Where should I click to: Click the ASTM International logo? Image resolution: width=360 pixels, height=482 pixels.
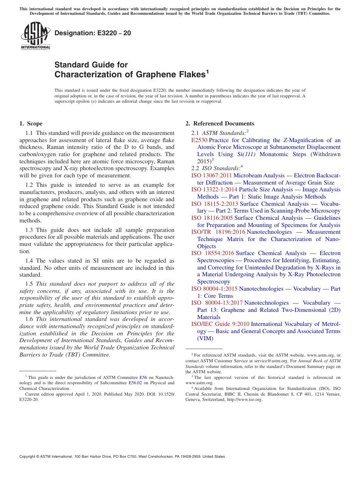[x=35, y=36]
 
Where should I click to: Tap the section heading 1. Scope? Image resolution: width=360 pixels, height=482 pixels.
[x=31, y=124]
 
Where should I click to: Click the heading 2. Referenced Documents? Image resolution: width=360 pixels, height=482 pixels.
[x=220, y=124]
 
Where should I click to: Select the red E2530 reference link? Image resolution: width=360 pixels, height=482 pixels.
[x=199, y=140]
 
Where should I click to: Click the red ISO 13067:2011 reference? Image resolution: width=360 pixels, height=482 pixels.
[x=211, y=175]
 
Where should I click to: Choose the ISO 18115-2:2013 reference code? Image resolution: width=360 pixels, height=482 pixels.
[x=214, y=204]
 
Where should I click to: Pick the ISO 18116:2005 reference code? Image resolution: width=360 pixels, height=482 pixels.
[x=212, y=218]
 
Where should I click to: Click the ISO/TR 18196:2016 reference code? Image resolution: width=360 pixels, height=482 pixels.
[x=218, y=232]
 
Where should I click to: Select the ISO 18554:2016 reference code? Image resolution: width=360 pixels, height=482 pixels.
[x=213, y=253]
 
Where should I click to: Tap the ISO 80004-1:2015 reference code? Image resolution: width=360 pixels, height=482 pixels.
[x=214, y=289]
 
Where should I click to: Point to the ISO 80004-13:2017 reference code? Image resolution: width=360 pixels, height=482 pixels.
[x=216, y=303]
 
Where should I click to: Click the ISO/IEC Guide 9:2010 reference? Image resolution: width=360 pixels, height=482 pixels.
[x=220, y=324]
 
